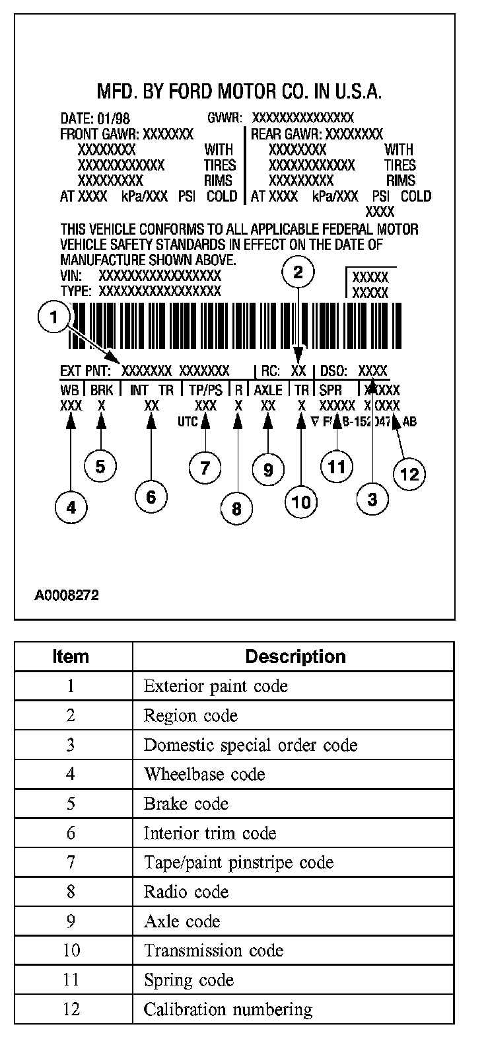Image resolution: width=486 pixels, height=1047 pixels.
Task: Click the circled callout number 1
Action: point(54,319)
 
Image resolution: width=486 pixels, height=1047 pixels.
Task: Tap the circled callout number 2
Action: point(298,272)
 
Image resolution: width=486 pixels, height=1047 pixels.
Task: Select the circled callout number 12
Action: point(409,473)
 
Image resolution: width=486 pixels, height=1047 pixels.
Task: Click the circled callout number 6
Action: point(151,496)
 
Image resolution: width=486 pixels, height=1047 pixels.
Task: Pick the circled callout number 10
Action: point(300,502)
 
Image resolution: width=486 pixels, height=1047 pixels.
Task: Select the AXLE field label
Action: point(267,390)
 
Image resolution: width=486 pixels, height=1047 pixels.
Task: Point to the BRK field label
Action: point(102,390)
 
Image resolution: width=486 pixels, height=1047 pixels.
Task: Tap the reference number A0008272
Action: point(67,596)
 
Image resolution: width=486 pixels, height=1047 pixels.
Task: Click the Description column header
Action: point(295,656)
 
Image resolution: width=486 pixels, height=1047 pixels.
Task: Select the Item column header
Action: point(71,656)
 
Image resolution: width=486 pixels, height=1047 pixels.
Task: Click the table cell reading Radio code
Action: point(186,892)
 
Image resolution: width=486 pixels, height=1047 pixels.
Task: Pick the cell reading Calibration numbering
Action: point(228,1009)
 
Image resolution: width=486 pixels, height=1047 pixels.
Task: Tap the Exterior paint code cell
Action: point(216,686)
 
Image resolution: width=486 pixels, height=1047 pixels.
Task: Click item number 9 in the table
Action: point(71,921)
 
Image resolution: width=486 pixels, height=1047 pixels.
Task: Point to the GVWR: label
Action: point(225,119)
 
